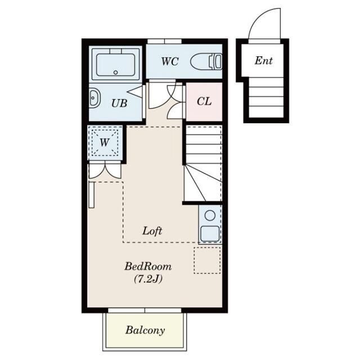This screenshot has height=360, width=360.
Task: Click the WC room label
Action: pos(170,61)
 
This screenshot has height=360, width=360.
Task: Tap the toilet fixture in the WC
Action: pos(206,61)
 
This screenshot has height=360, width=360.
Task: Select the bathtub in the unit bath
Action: pos(115,64)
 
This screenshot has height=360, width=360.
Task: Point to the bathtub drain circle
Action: pos(115,73)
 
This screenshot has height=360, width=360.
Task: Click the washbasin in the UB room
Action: pos(94,98)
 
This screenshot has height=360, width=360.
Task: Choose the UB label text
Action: pos(119,103)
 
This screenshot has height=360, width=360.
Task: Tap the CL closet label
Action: pos(204,101)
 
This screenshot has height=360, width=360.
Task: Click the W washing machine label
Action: pos(105,142)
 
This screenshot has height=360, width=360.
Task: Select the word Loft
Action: pos(152,231)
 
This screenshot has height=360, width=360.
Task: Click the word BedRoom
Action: pos(148,267)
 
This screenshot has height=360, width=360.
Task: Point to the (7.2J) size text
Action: pos(148,279)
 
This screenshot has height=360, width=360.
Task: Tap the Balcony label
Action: pos(145,330)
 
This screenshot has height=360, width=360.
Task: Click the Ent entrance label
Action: pos(264,60)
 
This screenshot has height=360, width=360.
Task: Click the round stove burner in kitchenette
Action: pos(210,216)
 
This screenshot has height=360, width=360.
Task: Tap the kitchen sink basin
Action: pos(210,234)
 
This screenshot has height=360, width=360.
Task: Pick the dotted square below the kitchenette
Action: pos(208,260)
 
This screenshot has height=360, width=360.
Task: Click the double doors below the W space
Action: pos(105,170)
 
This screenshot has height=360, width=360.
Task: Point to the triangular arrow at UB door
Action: pos(136,92)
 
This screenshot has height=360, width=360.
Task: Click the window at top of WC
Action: pos(164,41)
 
